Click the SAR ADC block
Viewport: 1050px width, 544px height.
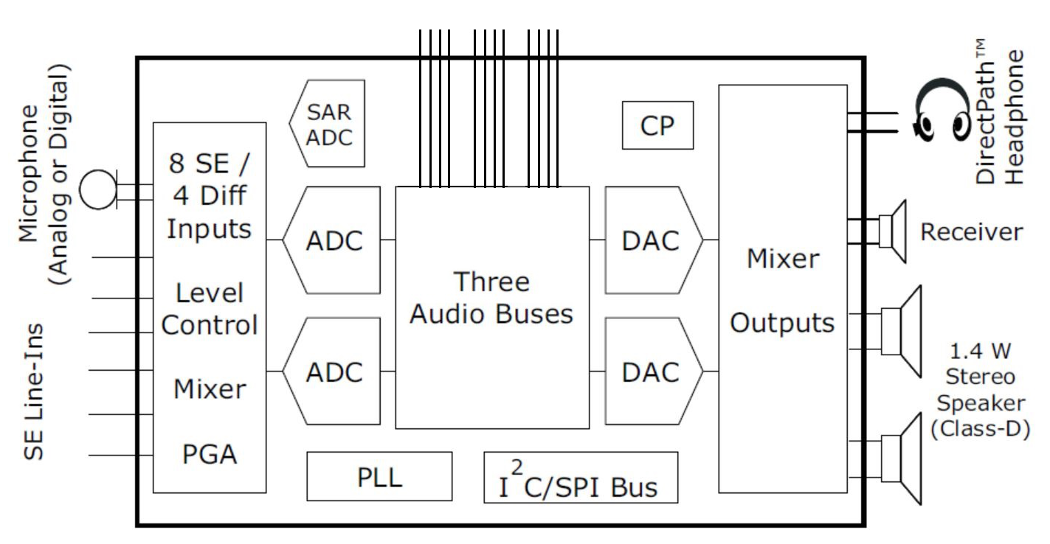pos(328,124)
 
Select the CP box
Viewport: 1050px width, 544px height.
pos(657,125)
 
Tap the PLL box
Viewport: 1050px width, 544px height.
pos(379,476)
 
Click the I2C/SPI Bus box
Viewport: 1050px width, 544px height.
pos(581,478)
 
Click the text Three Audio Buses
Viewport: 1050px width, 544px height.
pos(491,298)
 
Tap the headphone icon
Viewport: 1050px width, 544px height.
pos(942,112)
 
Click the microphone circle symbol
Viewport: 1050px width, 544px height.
pos(98,189)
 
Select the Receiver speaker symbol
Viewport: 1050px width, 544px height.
pos(894,231)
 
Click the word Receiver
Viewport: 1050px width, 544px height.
pos(971,232)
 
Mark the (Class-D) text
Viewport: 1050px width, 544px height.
pos(979,429)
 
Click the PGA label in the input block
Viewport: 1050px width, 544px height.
pos(210,454)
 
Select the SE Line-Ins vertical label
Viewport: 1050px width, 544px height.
pos(34,392)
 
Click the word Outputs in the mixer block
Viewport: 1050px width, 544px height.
pos(782,323)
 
